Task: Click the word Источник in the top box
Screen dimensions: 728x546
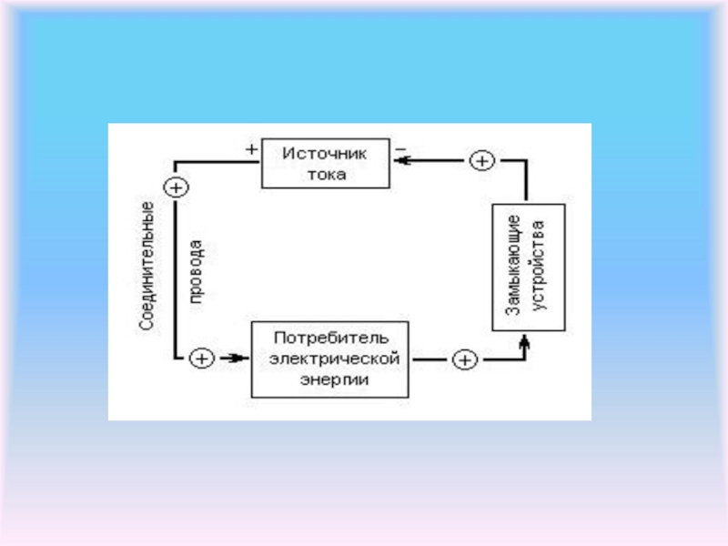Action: (325, 154)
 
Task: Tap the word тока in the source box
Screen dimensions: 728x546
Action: (327, 175)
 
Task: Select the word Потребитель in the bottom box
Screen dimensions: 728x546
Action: (331, 338)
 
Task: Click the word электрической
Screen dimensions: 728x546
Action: (334, 359)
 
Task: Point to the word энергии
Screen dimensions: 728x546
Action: (334, 380)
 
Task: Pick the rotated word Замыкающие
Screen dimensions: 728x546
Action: (513, 266)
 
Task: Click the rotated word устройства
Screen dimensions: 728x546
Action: (539, 266)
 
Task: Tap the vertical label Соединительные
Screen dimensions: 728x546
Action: (147, 266)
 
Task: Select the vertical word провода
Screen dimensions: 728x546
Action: (196, 271)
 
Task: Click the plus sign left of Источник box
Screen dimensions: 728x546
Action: (251, 149)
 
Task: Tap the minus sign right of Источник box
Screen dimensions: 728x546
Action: (400, 149)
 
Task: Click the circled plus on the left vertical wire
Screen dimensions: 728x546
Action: (176, 187)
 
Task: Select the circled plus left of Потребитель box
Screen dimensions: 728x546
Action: (202, 359)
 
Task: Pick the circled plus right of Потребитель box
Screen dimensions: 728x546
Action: (465, 359)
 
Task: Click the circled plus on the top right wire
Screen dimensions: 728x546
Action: (482, 161)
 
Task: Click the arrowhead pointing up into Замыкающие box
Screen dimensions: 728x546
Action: (525, 343)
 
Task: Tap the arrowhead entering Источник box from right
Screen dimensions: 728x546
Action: (402, 161)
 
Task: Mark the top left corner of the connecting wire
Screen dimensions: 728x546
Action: (176, 162)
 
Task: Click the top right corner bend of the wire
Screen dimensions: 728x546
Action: (526, 161)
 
